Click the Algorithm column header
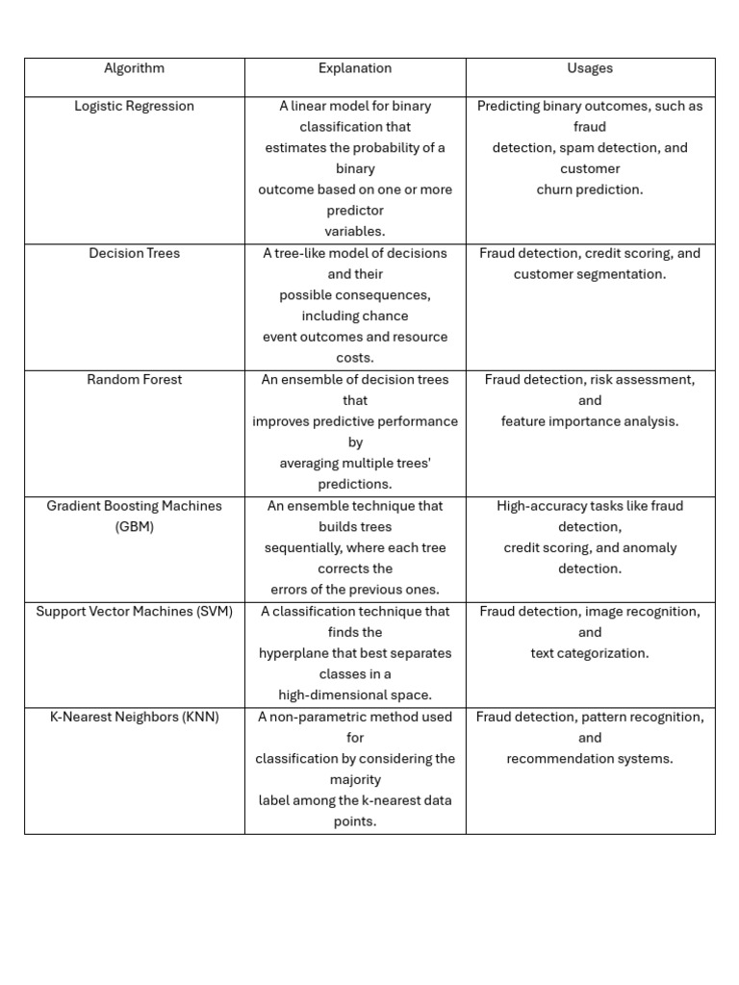coord(134,68)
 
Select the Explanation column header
coord(355,68)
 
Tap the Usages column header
coord(590,68)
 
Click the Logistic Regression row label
coord(134,106)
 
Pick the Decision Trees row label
coord(134,253)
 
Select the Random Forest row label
coord(134,379)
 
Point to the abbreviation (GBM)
coord(134,527)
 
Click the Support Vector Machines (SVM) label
coord(134,611)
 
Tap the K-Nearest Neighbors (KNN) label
coord(134,717)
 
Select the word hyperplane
coord(295,653)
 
